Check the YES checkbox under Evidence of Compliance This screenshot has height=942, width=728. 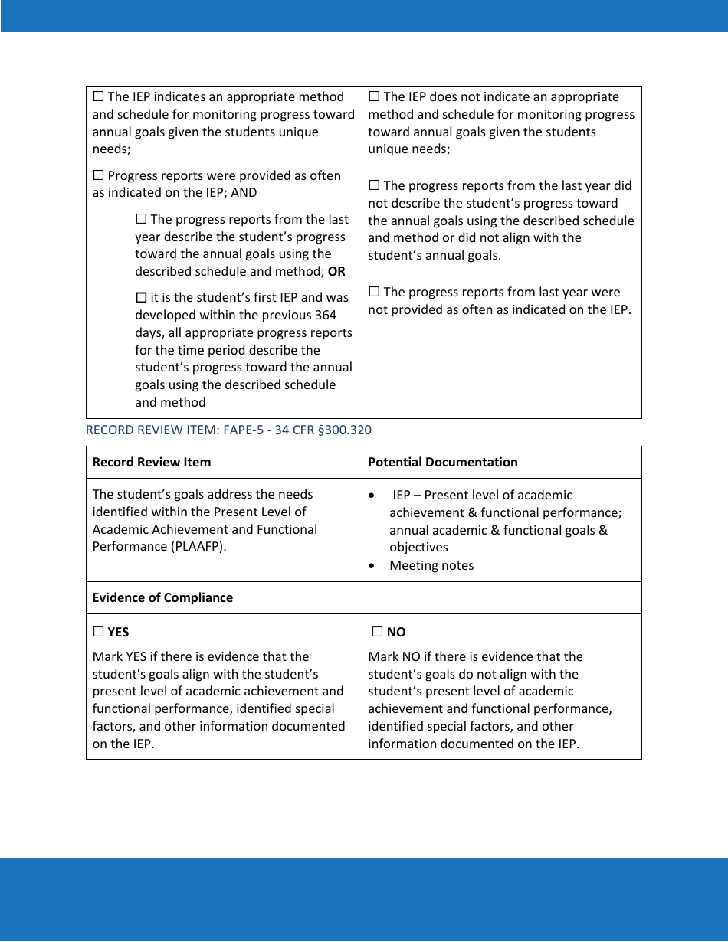pyautogui.click(x=98, y=632)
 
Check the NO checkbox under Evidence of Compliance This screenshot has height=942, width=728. pyautogui.click(x=377, y=632)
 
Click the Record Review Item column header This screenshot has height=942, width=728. pyautogui.click(x=152, y=462)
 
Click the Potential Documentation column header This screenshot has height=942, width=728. pyautogui.click(x=442, y=462)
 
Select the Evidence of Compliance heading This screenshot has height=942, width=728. pyautogui.click(x=162, y=597)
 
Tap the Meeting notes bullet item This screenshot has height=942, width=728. pyautogui.click(x=431, y=565)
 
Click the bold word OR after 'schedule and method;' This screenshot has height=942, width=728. pyautogui.click(x=336, y=271)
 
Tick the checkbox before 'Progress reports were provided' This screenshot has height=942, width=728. pyautogui.click(x=98, y=175)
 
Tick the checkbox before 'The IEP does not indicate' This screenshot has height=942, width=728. pyautogui.click(x=374, y=96)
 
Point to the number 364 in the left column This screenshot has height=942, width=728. pyautogui.click(x=324, y=315)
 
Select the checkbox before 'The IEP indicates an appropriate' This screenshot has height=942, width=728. pyautogui.click(x=98, y=96)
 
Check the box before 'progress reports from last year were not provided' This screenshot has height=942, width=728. pyautogui.click(x=374, y=292)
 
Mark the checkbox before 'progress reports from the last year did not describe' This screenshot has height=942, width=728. pyautogui.click(x=374, y=185)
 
